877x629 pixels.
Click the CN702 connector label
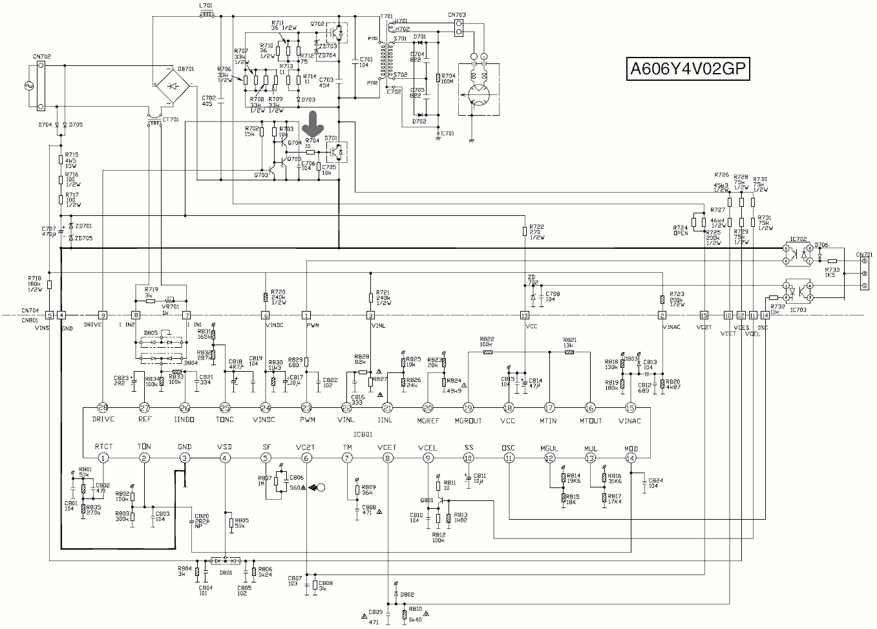pos(41,57)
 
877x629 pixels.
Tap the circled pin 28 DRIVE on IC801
pos(103,407)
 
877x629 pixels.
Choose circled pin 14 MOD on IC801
pos(631,458)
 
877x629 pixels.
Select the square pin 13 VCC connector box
pos(524,315)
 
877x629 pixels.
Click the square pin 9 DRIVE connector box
pos(102,315)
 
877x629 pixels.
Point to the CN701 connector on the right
pos(865,272)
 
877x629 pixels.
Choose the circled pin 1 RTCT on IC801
pos(103,458)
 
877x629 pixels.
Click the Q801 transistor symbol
pos(440,501)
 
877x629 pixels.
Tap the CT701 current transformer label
pos(171,120)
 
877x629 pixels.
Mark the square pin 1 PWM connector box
pos(306,315)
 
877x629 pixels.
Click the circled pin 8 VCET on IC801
pos(388,458)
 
